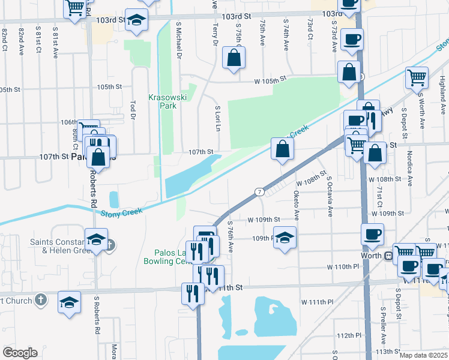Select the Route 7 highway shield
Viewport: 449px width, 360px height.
[259, 191]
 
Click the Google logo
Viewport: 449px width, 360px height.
[20, 353]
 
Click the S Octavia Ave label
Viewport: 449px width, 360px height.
[329, 196]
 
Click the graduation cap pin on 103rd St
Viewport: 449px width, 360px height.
[137, 20]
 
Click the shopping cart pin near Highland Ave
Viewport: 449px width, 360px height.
[417, 77]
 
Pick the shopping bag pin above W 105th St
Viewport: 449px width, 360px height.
[234, 58]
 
